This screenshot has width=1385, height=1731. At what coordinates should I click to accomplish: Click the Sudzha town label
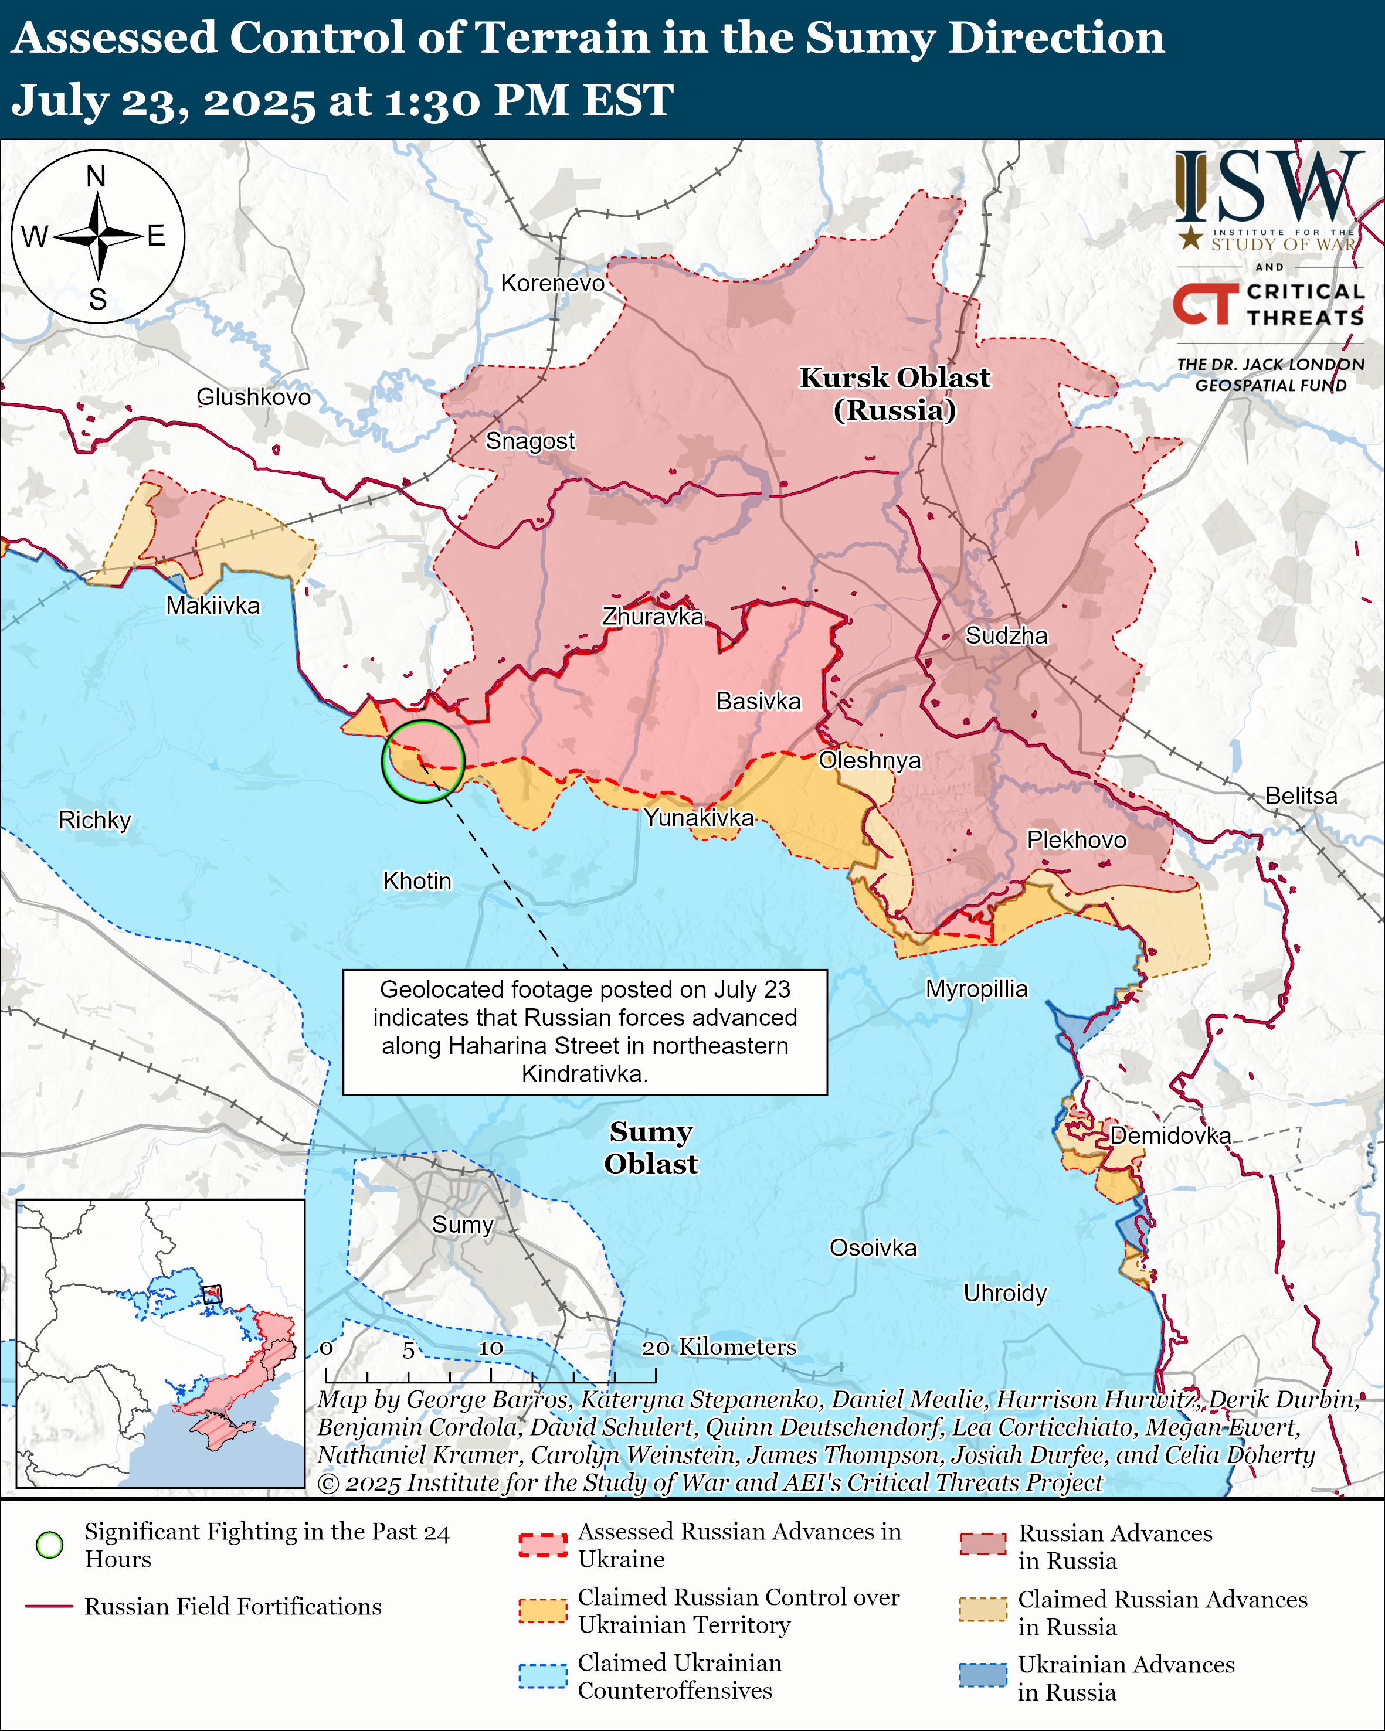click(1006, 636)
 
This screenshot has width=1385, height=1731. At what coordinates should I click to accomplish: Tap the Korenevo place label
click(552, 283)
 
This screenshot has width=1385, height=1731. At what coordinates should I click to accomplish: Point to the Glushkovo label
click(254, 397)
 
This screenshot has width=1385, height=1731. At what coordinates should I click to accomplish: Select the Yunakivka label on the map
click(698, 818)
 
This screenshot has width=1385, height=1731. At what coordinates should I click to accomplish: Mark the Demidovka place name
click(1170, 1136)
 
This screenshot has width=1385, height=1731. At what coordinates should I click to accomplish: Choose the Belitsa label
click(1301, 797)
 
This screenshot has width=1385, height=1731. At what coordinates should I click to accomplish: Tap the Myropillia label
click(976, 988)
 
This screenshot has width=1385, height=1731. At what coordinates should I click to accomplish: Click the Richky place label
click(95, 821)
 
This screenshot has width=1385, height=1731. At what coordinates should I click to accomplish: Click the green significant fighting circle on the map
click(423, 761)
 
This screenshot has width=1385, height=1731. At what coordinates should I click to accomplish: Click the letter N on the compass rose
click(96, 176)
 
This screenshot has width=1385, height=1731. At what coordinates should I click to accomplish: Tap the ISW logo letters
click(1268, 187)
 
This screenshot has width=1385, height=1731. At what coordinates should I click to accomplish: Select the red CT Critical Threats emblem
click(1205, 304)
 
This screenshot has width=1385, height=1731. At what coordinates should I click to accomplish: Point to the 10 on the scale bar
click(491, 1348)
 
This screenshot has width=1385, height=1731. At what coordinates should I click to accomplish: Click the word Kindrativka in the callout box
click(583, 1074)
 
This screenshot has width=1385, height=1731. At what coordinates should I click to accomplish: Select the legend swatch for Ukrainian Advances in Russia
click(983, 1675)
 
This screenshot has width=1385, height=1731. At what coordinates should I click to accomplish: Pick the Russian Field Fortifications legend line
click(50, 1607)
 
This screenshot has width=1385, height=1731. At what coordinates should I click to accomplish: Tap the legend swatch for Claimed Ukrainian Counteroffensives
click(543, 1676)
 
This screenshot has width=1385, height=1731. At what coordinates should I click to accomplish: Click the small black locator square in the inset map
click(212, 1294)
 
